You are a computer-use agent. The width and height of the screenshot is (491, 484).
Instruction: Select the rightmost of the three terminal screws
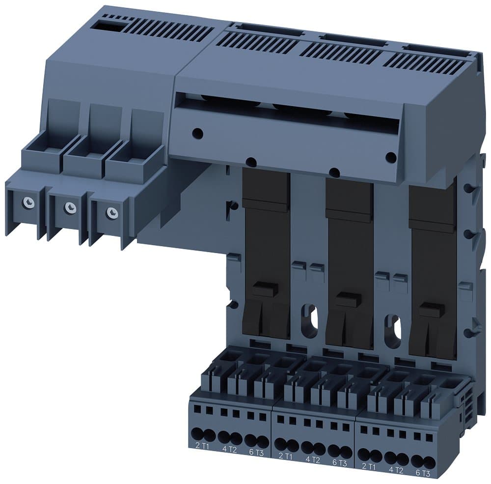point(112,212)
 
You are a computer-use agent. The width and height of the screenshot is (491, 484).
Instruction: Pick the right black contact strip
point(433,270)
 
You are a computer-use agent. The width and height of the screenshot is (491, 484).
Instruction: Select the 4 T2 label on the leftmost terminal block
point(227,449)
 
